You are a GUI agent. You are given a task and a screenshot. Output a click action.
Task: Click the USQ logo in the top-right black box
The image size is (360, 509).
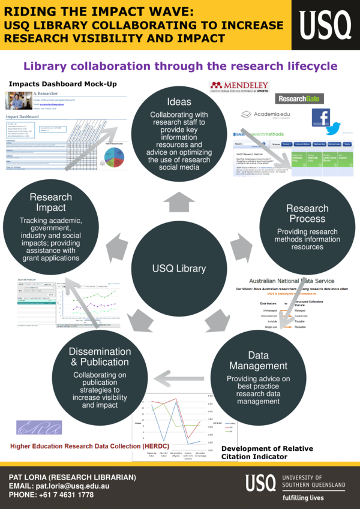(x=326, y=25)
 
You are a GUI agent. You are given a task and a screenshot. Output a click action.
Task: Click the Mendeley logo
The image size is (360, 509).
(x=239, y=88)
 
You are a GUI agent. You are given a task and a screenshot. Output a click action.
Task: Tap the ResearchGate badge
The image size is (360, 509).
(x=299, y=98)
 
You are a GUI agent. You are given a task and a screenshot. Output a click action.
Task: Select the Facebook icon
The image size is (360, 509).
(x=321, y=118)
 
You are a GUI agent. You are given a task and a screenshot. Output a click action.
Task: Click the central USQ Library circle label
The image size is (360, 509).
(x=178, y=268)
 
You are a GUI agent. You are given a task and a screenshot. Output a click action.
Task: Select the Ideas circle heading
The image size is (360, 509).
(x=179, y=101)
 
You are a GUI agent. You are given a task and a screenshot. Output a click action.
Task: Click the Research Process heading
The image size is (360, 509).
(x=307, y=213)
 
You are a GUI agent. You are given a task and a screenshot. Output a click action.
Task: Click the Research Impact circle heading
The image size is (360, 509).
(x=50, y=203)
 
